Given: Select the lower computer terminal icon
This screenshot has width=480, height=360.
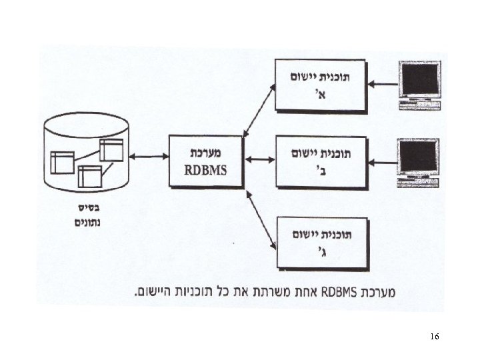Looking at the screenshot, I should [418, 161].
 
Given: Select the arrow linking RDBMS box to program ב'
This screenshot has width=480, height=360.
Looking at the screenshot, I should [259, 159].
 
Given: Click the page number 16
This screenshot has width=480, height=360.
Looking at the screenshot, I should [435, 337].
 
